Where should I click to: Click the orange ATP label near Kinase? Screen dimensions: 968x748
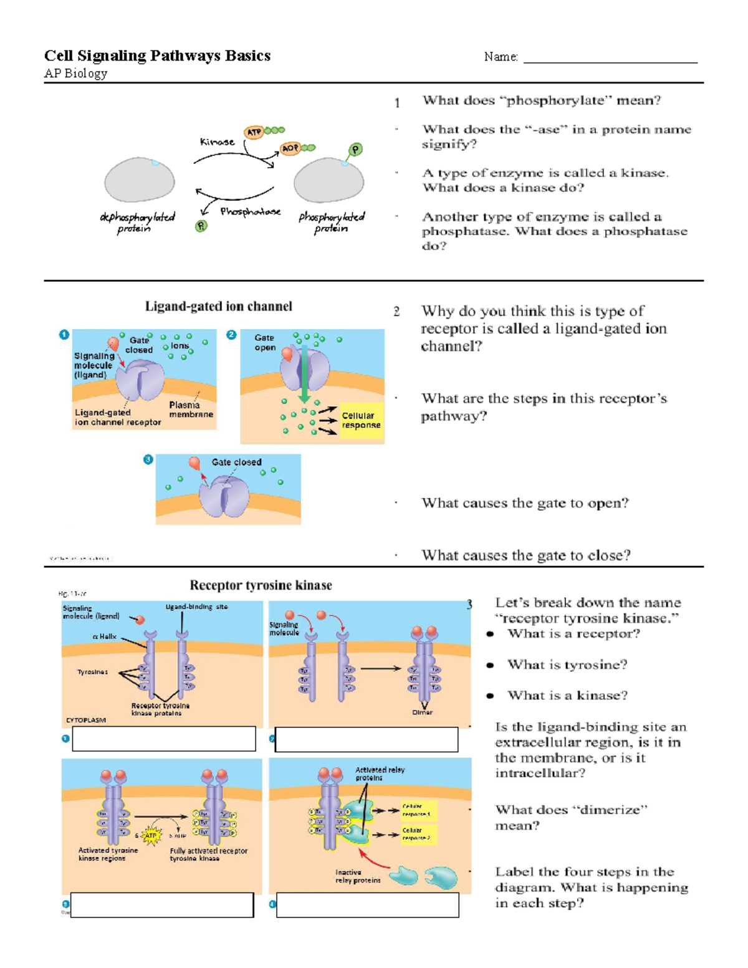tap(254, 132)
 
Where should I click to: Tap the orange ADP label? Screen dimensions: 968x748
tap(290, 148)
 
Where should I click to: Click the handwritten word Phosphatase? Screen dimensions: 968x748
tap(250, 212)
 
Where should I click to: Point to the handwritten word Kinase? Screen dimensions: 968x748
tap(217, 142)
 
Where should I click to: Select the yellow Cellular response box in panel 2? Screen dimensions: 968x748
tap(361, 421)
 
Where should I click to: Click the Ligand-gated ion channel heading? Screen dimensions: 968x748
tap(218, 307)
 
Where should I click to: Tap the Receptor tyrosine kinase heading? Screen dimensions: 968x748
tap(261, 585)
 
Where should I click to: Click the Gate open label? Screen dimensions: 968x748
tap(264, 342)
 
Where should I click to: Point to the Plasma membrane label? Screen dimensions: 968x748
tap(191, 410)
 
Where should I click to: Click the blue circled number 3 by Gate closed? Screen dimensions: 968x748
tap(148, 460)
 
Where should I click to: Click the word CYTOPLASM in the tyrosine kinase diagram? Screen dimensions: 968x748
tap(86, 720)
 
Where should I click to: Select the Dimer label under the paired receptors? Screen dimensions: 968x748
tap(422, 712)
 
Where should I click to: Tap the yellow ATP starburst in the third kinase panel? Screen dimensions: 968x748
tap(151, 835)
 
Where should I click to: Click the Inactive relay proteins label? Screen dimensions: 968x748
tap(357, 876)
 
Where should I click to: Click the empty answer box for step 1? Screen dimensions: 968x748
tap(164, 739)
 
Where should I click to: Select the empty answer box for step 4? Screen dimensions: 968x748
tap(367, 904)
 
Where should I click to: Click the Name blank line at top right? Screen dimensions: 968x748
tap(610, 58)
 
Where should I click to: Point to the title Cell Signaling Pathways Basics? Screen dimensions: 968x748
tap(157, 56)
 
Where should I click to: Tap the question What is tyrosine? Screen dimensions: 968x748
tap(567, 665)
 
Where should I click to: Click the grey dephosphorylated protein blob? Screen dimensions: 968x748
tap(140, 181)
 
